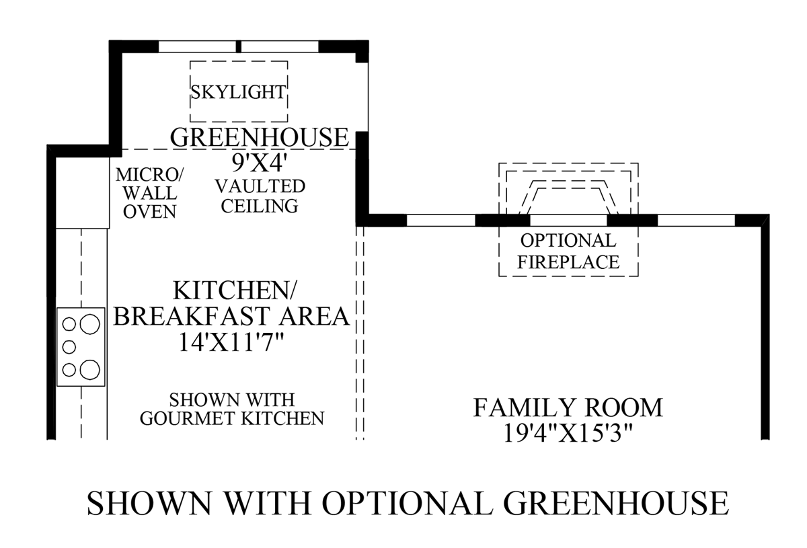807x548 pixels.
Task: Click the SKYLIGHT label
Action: tap(238, 91)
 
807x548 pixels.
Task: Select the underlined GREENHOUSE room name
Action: tap(260, 137)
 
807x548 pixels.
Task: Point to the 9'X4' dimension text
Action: tap(259, 162)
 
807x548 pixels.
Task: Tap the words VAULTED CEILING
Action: tap(259, 196)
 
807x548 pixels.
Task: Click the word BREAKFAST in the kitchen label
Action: tap(231, 316)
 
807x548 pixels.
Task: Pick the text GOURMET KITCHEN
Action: tap(232, 418)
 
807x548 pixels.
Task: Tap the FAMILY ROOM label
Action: tap(568, 407)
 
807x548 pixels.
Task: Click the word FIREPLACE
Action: tap(568, 261)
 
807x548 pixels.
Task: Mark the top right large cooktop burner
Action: tap(89, 325)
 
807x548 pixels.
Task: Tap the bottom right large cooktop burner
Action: tap(89, 369)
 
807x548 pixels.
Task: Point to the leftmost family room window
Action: tap(440, 220)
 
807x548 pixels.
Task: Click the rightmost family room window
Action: tap(695, 220)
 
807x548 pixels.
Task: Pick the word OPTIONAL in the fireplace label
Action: tap(568, 240)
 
